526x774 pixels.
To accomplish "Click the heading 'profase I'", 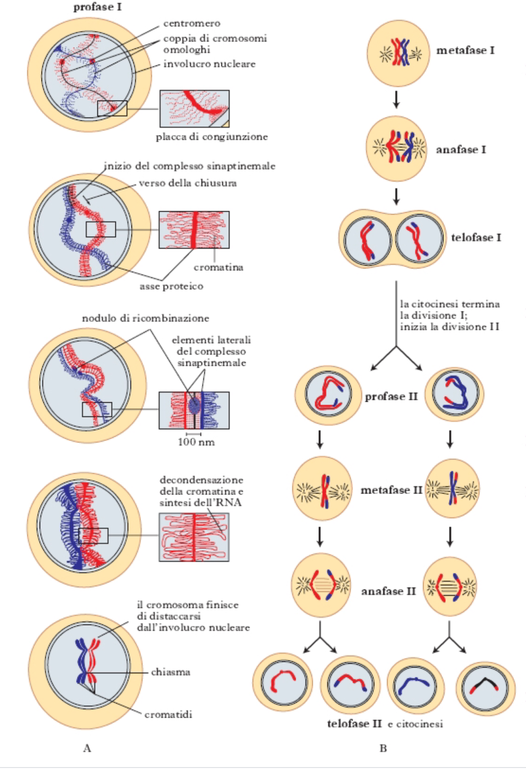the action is (97, 7).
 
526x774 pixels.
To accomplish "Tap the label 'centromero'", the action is (192, 24).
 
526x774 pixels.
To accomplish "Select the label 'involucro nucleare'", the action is (209, 64).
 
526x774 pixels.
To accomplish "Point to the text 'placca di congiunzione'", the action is (211, 137).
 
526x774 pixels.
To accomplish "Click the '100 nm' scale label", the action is (196, 442).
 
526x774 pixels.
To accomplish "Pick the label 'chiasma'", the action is (171, 672).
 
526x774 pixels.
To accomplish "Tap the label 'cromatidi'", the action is (168, 714).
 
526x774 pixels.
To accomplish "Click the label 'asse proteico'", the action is (172, 286).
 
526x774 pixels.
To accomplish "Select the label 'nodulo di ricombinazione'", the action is (145, 318).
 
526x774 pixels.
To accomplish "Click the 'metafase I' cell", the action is (398, 53).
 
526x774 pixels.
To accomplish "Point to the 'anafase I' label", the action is (461, 149).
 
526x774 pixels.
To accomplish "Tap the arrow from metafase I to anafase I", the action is (396, 100).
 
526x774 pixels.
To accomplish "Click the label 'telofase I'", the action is (476, 238).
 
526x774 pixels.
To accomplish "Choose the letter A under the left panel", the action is (87, 748).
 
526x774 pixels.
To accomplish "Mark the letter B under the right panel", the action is (383, 748).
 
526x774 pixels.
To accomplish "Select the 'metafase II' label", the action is (392, 490).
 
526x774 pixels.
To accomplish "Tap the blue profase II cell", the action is (454, 394).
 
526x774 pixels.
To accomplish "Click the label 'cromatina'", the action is (218, 267).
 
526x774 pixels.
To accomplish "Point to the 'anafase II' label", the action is (389, 591).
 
